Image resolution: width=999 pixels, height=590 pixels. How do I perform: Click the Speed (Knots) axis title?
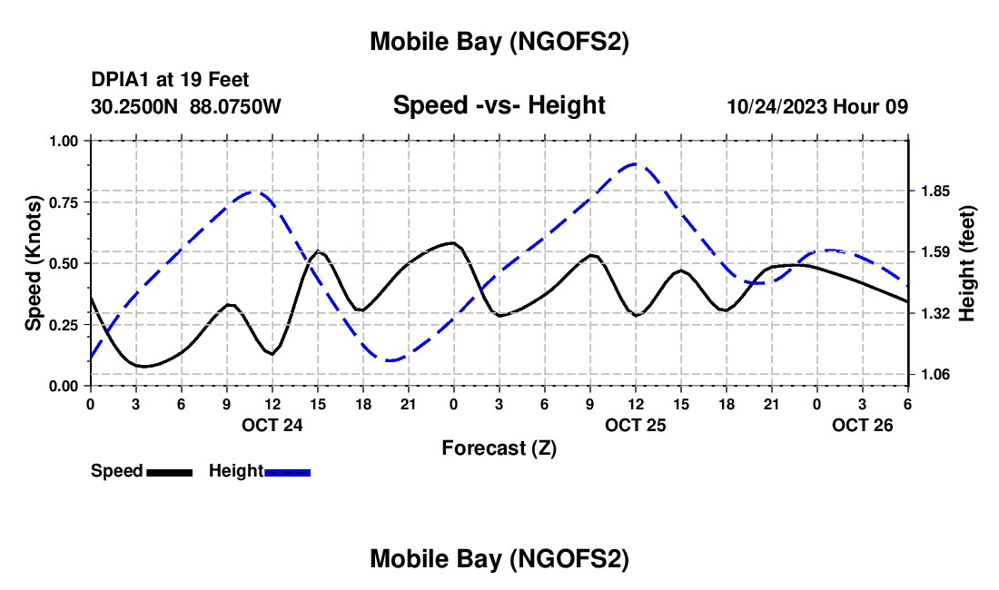pos(33,263)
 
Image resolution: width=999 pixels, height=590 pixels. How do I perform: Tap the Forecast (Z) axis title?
pos(499,447)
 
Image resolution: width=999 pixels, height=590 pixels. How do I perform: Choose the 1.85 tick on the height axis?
pos(935,191)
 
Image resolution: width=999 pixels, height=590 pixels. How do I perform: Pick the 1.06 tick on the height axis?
pos(935,374)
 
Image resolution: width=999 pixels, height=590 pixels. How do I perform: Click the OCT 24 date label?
pos(272,425)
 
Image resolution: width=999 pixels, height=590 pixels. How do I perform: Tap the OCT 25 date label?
pos(636,425)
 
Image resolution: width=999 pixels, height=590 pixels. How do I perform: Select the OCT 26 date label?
pos(863,425)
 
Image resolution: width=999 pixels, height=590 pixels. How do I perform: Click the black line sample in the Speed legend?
pos(169,472)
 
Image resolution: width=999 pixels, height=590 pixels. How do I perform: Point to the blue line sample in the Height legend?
pos(288,472)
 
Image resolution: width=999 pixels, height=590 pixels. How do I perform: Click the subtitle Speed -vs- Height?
pos(499,106)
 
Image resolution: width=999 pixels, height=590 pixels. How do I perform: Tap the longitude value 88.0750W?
pos(235,106)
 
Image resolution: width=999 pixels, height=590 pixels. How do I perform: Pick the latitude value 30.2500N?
pos(136,106)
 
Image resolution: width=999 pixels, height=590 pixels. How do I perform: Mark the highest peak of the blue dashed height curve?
pos(636,164)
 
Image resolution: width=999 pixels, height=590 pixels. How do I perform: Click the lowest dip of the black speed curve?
pos(144,367)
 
